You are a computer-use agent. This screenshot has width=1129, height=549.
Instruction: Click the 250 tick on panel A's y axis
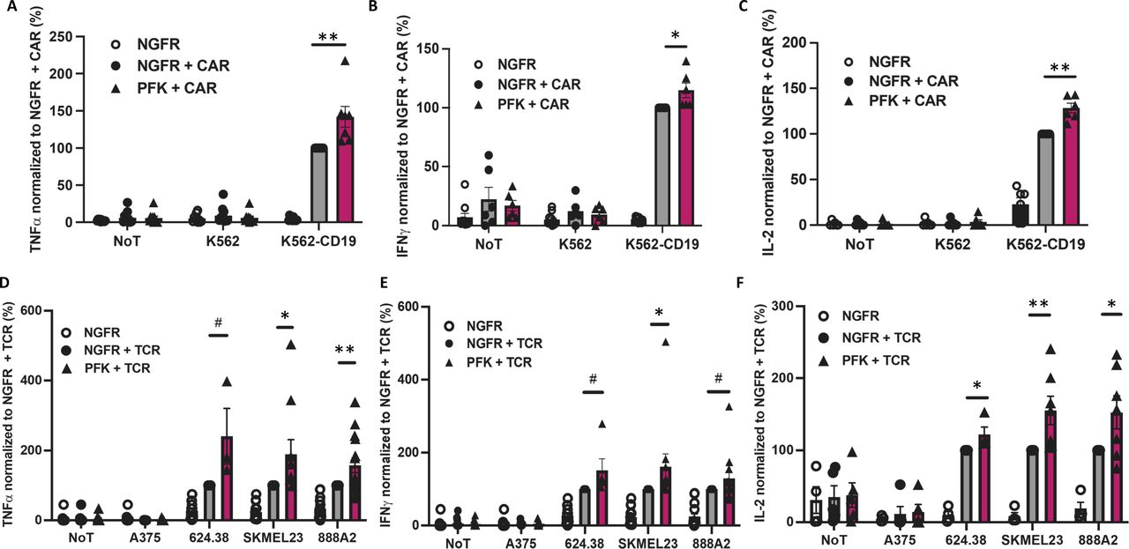point(63,37)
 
